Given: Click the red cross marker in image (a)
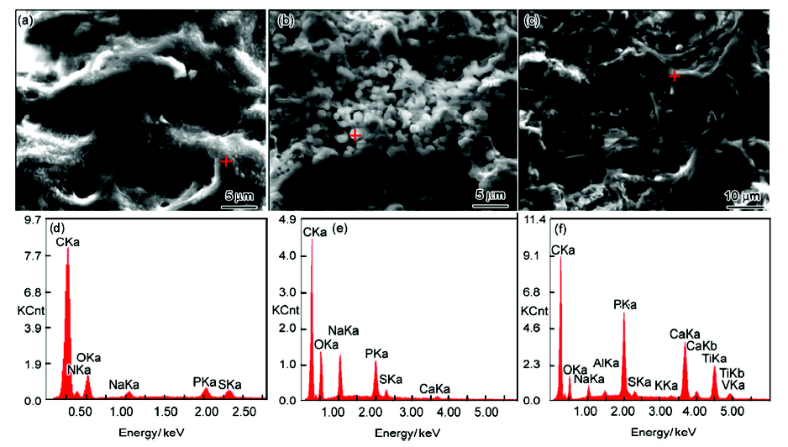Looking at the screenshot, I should click(225, 161).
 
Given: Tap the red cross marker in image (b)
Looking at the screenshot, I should click(355, 134).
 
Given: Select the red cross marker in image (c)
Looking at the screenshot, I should click(674, 76).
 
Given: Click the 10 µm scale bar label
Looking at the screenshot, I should click(743, 197).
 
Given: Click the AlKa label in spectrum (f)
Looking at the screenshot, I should click(606, 363).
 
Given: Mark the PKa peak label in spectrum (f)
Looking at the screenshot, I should click(625, 304).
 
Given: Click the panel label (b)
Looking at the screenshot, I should click(285, 21).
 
